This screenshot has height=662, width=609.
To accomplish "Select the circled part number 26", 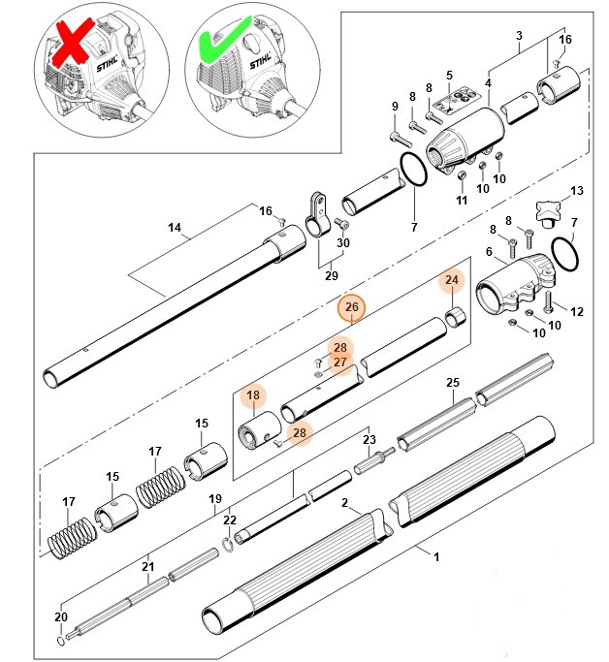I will click(x=352, y=308).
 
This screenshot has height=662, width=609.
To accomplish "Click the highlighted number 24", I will click(x=451, y=281).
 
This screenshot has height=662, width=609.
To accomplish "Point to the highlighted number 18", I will click(x=253, y=395).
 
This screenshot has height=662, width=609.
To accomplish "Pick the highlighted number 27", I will click(x=339, y=363).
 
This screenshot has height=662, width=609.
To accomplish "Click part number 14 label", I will click(x=175, y=229).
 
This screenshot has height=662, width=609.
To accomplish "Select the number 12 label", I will click(x=578, y=311).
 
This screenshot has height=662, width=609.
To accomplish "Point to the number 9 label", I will click(x=395, y=107).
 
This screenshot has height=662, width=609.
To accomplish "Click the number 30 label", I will click(x=342, y=242).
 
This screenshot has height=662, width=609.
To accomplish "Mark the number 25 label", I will click(x=452, y=383).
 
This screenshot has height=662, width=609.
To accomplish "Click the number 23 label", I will click(x=369, y=439).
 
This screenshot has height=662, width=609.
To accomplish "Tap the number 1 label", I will click(x=436, y=556).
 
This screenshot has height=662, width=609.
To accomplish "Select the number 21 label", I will click(x=147, y=567).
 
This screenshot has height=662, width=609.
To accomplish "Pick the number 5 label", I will click(x=449, y=75).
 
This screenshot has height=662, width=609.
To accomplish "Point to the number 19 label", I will click(x=216, y=499).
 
